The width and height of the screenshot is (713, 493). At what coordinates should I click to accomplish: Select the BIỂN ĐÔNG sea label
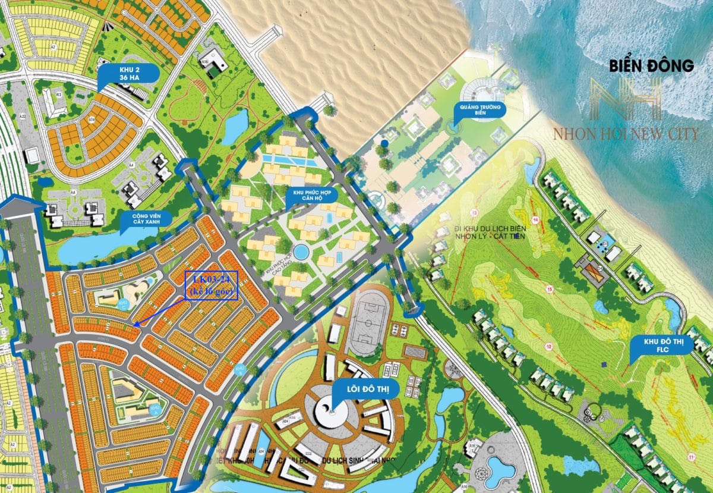(x=651, y=66)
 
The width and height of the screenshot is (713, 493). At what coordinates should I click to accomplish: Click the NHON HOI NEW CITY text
(x=625, y=134)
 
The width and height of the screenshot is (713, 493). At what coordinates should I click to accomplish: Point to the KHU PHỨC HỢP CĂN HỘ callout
(x=311, y=197)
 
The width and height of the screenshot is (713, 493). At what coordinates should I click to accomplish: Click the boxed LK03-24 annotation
(x=212, y=285)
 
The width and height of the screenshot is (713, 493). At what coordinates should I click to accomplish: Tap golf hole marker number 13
(x=474, y=213)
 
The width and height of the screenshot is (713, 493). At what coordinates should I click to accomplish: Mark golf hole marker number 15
(x=549, y=290)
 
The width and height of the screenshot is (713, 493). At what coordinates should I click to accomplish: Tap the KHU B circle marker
(x=155, y=409)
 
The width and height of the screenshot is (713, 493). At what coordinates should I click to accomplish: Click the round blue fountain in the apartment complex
(x=301, y=253)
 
